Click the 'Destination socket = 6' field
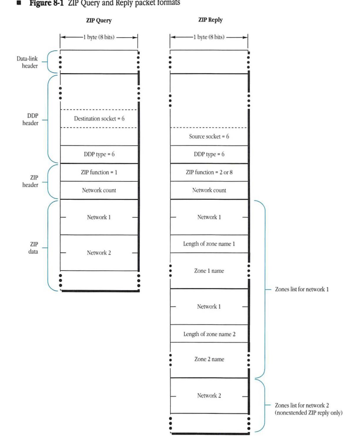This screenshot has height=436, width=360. point(99,118)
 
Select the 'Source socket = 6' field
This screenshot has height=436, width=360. point(209,137)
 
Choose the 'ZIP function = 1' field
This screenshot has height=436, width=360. point(99,172)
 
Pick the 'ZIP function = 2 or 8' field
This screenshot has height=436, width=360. point(209,172)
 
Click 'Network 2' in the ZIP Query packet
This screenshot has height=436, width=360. point(99,253)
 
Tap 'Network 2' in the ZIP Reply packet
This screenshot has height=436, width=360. point(209,396)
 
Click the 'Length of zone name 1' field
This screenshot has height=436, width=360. point(209,244)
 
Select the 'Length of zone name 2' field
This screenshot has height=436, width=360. point(209,334)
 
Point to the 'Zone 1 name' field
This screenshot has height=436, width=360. point(209,271)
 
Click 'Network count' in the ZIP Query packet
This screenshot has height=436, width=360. point(99,190)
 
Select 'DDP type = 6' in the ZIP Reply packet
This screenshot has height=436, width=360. point(209,155)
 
